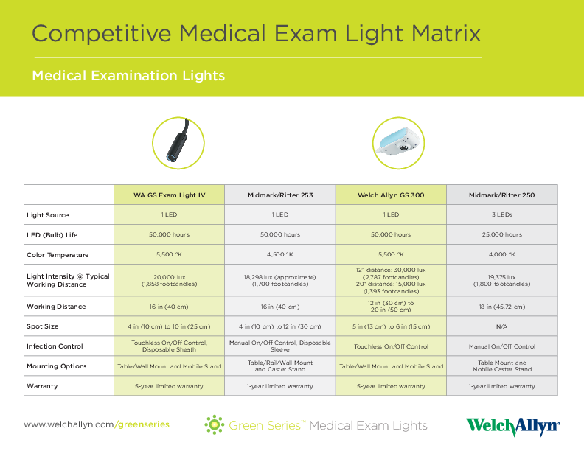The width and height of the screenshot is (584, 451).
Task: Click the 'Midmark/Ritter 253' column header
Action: click(279, 195)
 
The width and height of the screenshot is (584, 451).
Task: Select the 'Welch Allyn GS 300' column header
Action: click(391, 195)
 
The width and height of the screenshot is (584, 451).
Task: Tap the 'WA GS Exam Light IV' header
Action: click(169, 195)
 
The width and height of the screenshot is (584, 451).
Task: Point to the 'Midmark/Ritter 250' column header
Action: click(501, 195)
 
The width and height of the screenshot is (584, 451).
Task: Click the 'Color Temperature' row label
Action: click(58, 255)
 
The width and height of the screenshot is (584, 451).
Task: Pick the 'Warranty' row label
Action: click(41, 386)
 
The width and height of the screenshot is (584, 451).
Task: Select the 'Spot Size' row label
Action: click(42, 326)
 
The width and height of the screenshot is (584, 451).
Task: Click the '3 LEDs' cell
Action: click(501, 215)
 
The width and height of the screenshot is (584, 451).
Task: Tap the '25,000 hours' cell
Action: click(501, 235)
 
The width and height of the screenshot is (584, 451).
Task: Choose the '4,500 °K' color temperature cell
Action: click(279, 255)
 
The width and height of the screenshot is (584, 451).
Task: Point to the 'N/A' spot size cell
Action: click(501, 326)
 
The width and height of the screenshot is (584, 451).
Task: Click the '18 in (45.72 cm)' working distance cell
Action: click(501, 307)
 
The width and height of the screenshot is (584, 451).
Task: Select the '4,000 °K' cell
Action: click(501, 255)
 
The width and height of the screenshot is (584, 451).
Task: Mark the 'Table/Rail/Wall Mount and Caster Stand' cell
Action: click(279, 366)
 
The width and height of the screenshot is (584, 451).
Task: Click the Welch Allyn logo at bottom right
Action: click(512, 427)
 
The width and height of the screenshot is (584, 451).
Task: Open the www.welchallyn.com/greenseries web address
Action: click(97, 424)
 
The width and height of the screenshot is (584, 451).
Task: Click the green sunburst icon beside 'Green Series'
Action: click(215, 424)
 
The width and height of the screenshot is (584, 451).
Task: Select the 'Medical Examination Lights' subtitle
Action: click(128, 76)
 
